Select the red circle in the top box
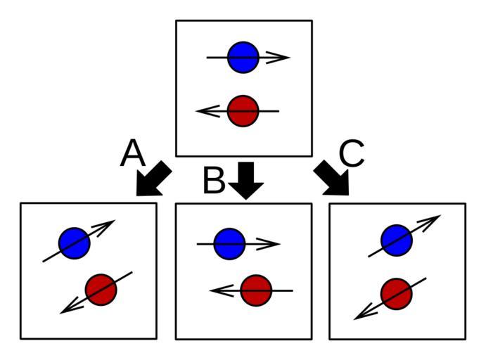point(244,111)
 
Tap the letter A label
point(132,153)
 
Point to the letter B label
point(214,181)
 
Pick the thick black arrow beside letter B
point(245,179)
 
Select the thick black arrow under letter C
point(331,179)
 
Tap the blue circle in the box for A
point(75,243)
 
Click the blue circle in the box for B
point(229,244)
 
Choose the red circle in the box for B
point(255,290)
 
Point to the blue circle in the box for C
point(396,240)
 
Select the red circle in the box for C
point(396,294)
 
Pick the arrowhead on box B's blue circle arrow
point(270,244)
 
